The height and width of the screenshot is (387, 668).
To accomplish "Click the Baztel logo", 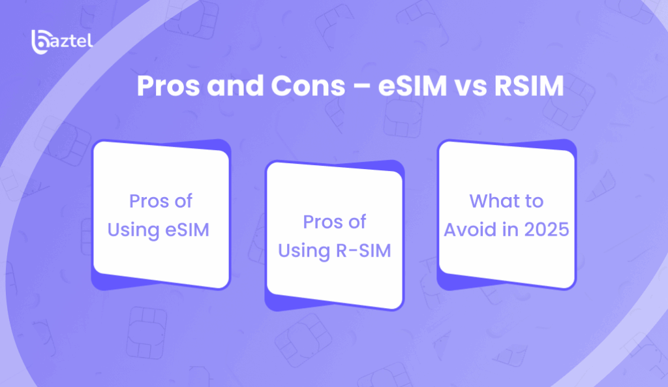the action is point(62,42).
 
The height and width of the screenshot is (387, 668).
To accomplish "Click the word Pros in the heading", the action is point(168,86).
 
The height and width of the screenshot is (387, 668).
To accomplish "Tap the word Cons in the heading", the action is point(308,86).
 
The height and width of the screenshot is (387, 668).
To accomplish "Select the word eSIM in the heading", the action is point(412,86).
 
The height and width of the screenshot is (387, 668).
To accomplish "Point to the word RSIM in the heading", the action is point(528,86).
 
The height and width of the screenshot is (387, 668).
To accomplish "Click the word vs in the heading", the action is point(470,87).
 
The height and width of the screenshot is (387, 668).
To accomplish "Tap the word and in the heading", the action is point(235,86).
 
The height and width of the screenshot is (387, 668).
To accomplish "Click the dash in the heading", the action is point(361,87).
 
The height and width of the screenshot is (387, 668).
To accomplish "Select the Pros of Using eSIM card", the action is point(161,215).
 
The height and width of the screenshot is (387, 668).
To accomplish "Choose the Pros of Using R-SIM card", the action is point(335,236).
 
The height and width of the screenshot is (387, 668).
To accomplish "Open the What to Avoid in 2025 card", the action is point(506,215).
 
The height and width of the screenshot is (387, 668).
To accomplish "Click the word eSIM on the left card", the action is point(187,230).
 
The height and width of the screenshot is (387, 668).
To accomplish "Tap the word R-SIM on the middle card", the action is point(363,251).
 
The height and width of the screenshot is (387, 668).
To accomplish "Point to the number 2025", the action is point(547,230).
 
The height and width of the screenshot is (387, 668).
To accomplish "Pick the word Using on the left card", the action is point(133,230).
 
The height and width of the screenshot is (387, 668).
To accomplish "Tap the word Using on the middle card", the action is point(304,251).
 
